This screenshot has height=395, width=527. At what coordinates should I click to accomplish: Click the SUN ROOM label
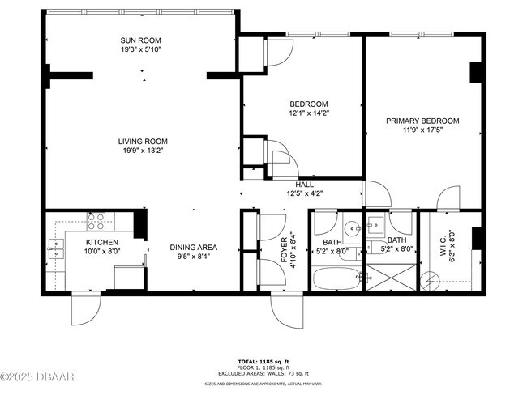click(140, 40)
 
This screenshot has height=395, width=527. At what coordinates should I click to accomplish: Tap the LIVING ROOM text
click(139, 140)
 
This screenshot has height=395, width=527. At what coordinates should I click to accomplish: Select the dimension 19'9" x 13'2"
click(139, 150)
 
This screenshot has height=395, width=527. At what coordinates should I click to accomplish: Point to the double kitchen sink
click(56, 248)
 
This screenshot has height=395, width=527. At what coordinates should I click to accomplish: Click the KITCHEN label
click(102, 242)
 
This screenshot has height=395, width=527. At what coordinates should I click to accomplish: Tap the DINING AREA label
click(193, 248)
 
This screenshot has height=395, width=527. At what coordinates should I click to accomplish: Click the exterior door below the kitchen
click(85, 308)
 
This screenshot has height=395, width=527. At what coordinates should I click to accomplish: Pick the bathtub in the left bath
click(335, 281)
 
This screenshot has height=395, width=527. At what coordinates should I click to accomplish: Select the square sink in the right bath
click(376, 225)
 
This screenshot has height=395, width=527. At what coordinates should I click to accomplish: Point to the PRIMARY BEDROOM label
click(422, 121)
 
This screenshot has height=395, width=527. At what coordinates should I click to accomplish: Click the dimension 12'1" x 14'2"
click(309, 113)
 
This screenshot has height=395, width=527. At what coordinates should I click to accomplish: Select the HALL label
click(304, 184)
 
